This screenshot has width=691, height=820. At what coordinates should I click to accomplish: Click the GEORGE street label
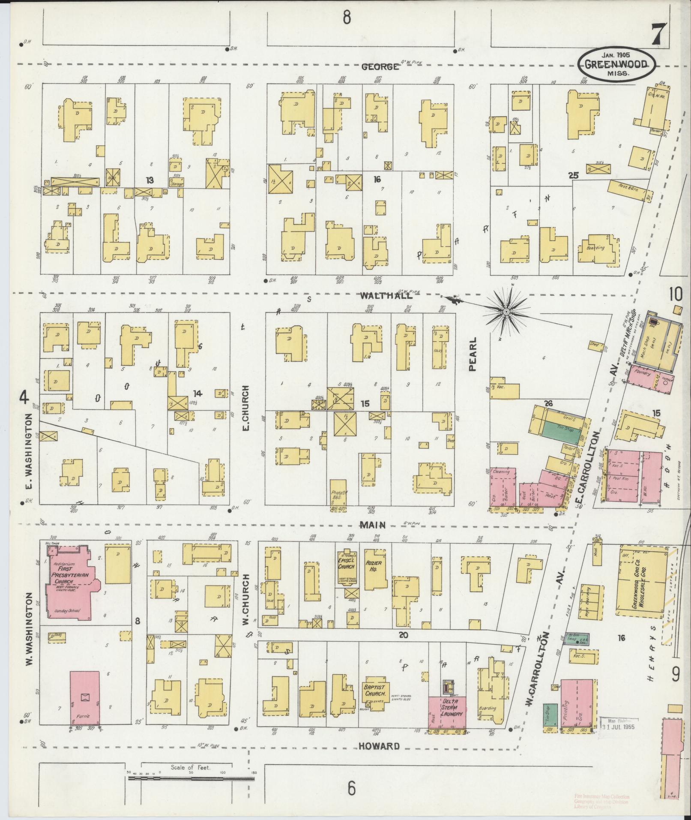[x=380, y=67]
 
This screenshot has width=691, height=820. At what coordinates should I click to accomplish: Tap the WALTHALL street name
[x=386, y=295]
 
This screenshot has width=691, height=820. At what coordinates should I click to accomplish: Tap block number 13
[x=149, y=180]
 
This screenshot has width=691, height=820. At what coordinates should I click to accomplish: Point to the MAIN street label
[x=372, y=525]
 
